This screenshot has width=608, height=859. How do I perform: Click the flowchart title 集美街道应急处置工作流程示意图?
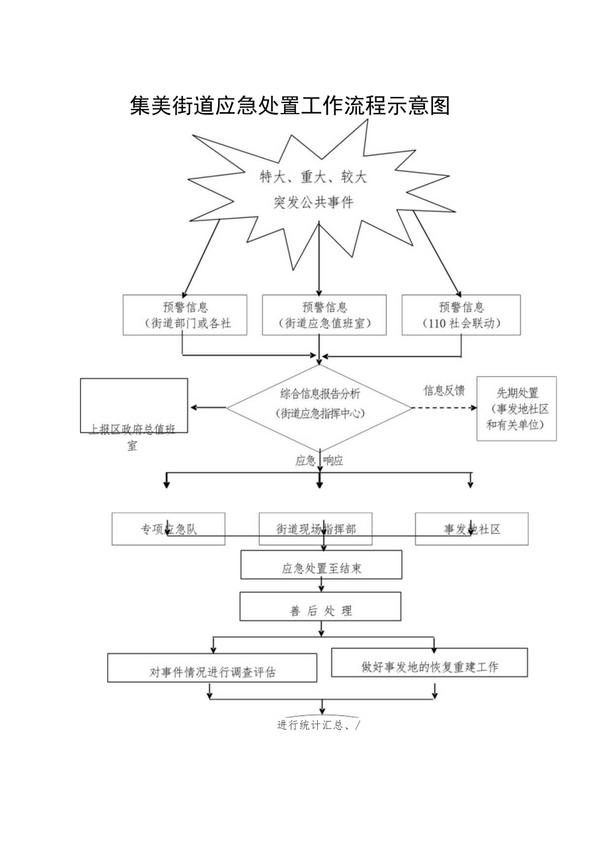[x=289, y=106]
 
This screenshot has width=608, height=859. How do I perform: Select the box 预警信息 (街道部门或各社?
[x=185, y=315]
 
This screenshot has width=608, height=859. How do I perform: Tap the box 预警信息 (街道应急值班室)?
[x=324, y=315]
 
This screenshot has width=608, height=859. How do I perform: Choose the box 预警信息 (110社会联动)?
[x=461, y=315]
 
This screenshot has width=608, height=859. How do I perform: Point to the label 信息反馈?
[x=444, y=390]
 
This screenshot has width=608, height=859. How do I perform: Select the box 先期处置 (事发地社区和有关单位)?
[x=517, y=409]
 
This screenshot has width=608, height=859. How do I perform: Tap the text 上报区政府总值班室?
[x=133, y=436]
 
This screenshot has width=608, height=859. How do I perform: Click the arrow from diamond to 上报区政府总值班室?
[x=208, y=407]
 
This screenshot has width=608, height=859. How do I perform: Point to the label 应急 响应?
[x=319, y=461]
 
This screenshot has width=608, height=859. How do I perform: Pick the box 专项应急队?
[x=169, y=529]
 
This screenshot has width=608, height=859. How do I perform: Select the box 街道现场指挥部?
[x=316, y=529]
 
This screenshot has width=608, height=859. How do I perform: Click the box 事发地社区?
[x=472, y=529]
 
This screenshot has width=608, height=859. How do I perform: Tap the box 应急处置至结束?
[x=321, y=568]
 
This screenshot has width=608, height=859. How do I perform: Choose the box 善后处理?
[x=321, y=609]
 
